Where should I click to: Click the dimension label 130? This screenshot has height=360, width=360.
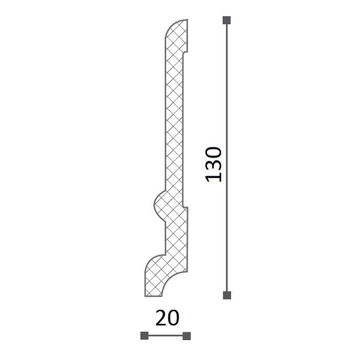click(214, 165)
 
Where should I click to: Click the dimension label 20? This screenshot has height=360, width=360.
click(167, 318)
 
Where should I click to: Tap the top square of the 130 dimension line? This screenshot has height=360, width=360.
click(226, 20)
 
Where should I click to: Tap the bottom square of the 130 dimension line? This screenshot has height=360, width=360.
click(227, 295)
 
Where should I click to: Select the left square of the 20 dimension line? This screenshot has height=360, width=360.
click(145, 336)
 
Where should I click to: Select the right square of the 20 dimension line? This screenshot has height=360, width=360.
click(187, 336)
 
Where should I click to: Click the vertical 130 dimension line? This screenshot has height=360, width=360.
click(227, 158)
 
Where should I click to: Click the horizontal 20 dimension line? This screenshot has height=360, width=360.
click(166, 336)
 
